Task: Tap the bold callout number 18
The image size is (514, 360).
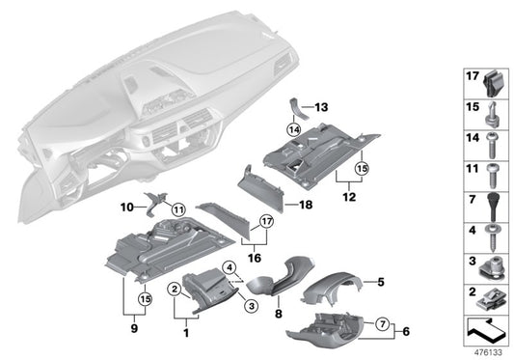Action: (306, 205)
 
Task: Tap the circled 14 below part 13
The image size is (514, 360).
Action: (293, 128)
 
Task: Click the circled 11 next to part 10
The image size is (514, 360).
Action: (177, 209)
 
